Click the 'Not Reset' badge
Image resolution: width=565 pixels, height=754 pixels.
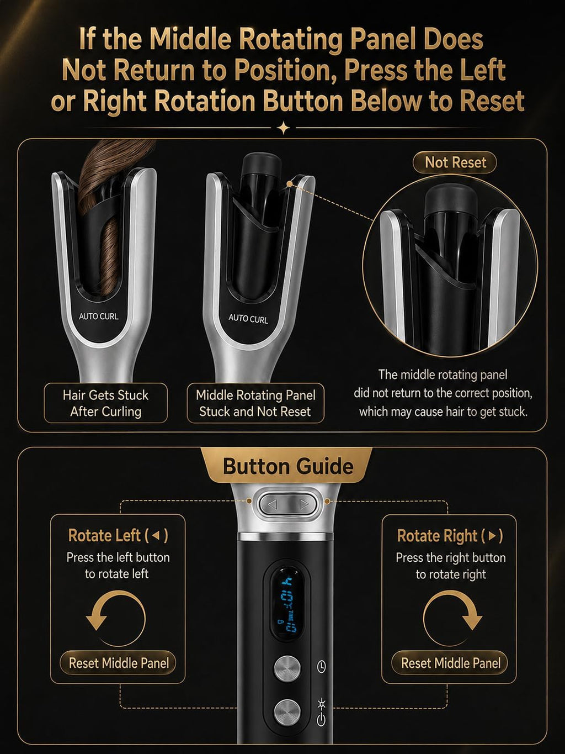(455, 162)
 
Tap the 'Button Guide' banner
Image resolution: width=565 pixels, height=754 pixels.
(287, 466)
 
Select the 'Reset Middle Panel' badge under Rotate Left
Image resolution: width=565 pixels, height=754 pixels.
(118, 663)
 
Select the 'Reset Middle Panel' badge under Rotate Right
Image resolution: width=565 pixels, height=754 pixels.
(450, 663)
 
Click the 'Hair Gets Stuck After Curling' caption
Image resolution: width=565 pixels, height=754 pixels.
(105, 403)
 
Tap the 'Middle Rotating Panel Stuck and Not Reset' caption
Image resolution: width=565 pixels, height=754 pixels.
(255, 403)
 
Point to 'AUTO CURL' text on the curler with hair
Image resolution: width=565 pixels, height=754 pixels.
(98, 317)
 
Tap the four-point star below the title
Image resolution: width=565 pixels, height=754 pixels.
(284, 128)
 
